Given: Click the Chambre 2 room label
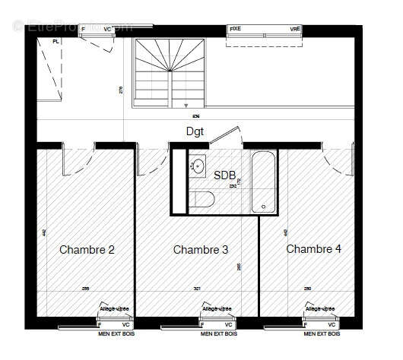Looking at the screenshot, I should tap(87, 250).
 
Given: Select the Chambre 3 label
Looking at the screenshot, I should tap(201, 250).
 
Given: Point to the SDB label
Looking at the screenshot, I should tap(224, 176).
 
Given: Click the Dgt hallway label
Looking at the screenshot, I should tap(195, 131).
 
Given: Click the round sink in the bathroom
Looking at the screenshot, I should tap(198, 165).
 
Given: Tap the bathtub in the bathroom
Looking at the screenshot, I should tap(264, 182).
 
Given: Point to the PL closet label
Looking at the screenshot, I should tap(56, 41).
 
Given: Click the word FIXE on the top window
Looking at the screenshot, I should tap(236, 28).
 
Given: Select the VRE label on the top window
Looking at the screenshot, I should tap(295, 28).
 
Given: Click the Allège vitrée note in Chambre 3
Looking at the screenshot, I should tap(217, 309).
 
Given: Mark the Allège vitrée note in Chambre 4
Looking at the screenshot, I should tap(320, 309).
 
